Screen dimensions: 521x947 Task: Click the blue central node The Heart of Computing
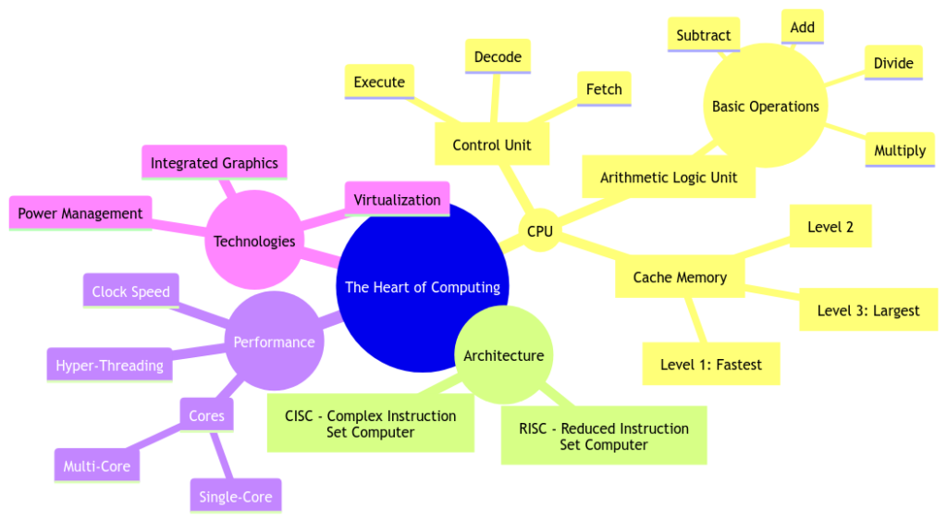423,287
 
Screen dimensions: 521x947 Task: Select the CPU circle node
539,231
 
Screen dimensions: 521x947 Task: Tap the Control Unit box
491,145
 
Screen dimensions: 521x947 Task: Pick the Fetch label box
604,90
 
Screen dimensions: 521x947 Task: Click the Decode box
498,57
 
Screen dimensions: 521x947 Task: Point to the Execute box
379,82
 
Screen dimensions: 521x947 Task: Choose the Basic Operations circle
765,106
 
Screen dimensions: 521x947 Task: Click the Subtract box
703,35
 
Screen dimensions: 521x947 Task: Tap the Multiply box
899,150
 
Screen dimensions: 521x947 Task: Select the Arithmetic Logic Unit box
669,177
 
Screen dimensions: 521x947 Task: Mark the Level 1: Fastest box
711,365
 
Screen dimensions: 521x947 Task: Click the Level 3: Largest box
867,310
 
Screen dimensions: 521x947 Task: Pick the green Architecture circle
504,355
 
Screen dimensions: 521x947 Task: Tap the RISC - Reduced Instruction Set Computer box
604,436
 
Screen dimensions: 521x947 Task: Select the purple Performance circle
274,342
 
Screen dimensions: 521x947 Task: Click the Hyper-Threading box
109,366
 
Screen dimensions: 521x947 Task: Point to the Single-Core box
236,497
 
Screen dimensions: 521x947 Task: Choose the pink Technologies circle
254,242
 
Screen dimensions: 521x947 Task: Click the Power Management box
80,214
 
